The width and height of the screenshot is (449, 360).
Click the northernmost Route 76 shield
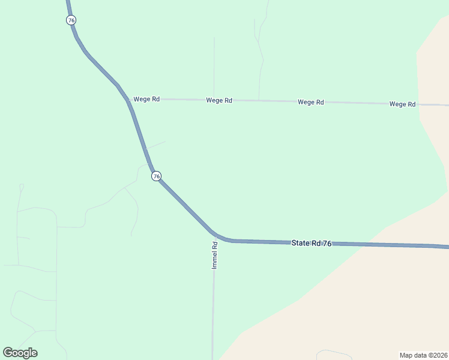click(71, 20)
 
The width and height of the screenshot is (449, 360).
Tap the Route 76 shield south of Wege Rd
click(156, 176)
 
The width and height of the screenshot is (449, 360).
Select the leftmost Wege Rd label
click(146, 99)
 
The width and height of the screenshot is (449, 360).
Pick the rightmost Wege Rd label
click(402, 104)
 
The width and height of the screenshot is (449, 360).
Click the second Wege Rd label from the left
click(219, 100)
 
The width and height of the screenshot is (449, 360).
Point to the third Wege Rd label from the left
click(311, 102)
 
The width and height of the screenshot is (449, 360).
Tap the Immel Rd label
click(214, 255)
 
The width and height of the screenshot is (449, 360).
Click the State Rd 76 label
click(311, 243)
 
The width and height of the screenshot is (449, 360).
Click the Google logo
click(20, 353)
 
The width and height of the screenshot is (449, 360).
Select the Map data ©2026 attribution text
click(423, 355)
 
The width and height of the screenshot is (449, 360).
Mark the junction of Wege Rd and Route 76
click(128, 99)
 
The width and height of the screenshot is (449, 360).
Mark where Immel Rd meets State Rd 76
click(214, 234)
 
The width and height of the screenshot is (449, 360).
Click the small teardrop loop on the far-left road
click(22, 187)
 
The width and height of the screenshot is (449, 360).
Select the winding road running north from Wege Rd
click(261, 66)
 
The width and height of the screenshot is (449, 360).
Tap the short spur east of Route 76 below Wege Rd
click(155, 145)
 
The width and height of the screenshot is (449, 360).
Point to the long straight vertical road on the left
click(56, 282)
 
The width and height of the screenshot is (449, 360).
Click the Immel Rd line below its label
click(213, 312)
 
